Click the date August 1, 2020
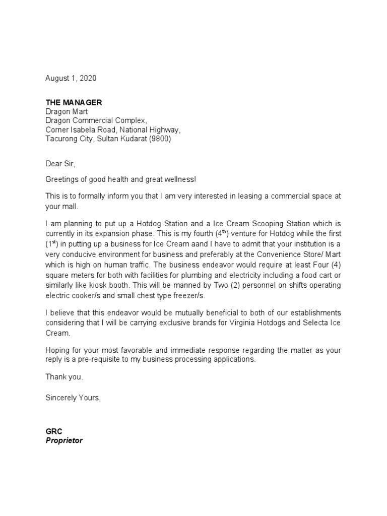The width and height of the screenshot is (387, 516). click(71, 79)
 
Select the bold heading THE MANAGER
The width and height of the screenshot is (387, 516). click(74, 102)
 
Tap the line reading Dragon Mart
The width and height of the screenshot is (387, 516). click(67, 112)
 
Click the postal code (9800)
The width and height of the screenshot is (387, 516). click(160, 139)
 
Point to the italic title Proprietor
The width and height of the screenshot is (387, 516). click(64, 440)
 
